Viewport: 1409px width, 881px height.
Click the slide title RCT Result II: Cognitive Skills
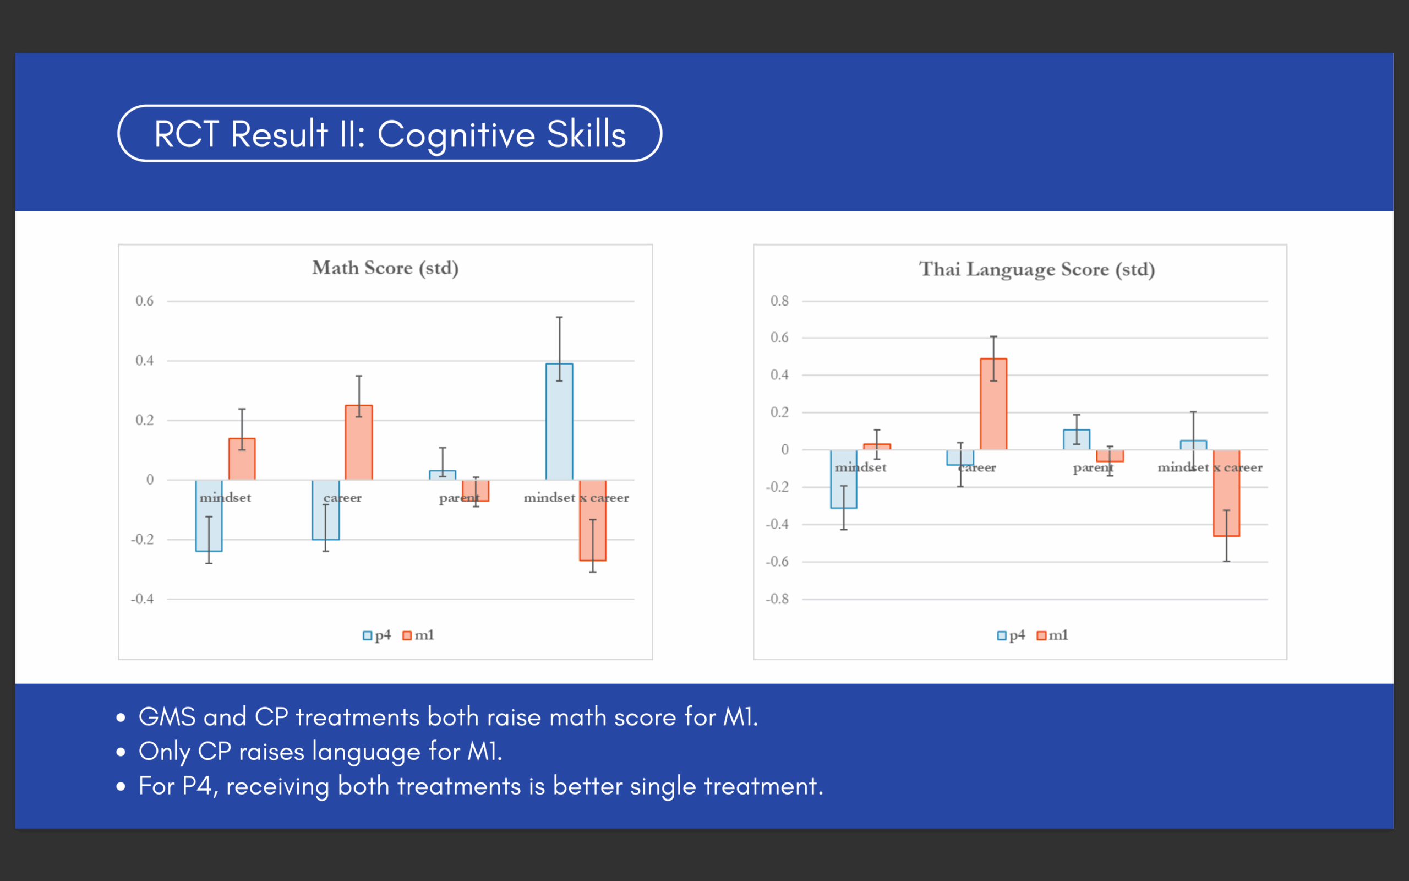click(x=390, y=134)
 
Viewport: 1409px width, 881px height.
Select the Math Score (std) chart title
click(x=385, y=268)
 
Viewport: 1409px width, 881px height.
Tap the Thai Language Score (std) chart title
click(x=1036, y=269)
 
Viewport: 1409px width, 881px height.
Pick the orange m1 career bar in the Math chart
click(x=359, y=443)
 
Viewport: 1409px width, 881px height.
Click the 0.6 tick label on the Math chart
click(x=144, y=301)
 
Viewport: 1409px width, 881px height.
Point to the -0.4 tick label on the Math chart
click(x=142, y=599)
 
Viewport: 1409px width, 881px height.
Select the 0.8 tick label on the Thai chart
click(x=779, y=301)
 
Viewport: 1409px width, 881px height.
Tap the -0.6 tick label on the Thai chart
click(x=777, y=562)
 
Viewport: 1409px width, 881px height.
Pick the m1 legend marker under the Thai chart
click(x=1041, y=635)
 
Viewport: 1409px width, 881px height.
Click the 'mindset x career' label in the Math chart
click(x=576, y=498)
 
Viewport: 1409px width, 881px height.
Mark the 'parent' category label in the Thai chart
click(x=1093, y=468)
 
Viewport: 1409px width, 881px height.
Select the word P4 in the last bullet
click(x=196, y=787)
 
